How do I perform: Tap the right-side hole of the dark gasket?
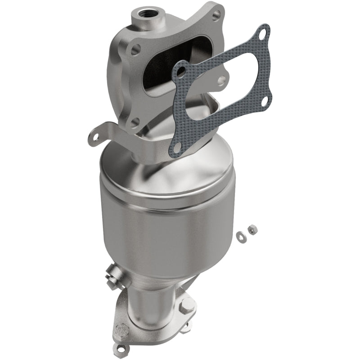click(x=265, y=100)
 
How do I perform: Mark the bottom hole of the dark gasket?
click(x=177, y=147)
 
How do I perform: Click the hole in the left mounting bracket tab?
click(x=94, y=134)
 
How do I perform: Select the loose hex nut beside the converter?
click(x=253, y=229)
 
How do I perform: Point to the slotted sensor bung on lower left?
click(x=112, y=274)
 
